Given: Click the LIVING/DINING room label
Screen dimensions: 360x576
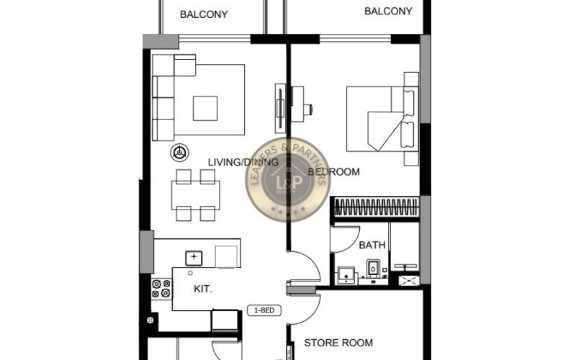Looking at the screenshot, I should click(x=243, y=162).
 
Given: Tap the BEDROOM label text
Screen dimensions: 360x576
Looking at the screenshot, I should click(x=333, y=171).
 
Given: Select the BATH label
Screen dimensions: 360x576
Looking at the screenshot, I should click(x=372, y=245).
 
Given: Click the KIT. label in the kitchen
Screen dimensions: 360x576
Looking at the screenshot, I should click(x=203, y=289).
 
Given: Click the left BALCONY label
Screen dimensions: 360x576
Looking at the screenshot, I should click(x=204, y=14).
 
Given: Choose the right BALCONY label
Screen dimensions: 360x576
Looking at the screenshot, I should click(x=388, y=11).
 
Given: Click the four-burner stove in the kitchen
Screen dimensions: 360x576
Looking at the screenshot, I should click(x=161, y=288).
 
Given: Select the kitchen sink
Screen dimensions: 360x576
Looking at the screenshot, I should click(x=194, y=257).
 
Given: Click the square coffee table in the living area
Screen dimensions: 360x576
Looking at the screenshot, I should click(x=204, y=108).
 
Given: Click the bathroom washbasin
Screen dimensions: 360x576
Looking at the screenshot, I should click(x=346, y=274).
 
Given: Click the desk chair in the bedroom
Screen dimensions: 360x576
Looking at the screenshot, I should click(x=307, y=109).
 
